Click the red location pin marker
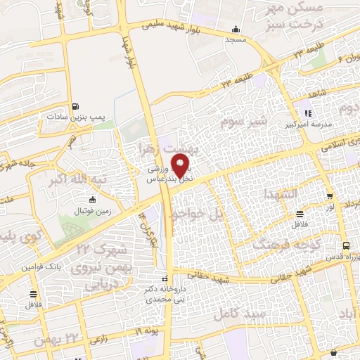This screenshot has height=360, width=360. coord(181,167)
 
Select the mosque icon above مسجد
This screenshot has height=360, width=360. coord(235,30)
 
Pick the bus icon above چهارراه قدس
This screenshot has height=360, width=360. coord(345,245)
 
